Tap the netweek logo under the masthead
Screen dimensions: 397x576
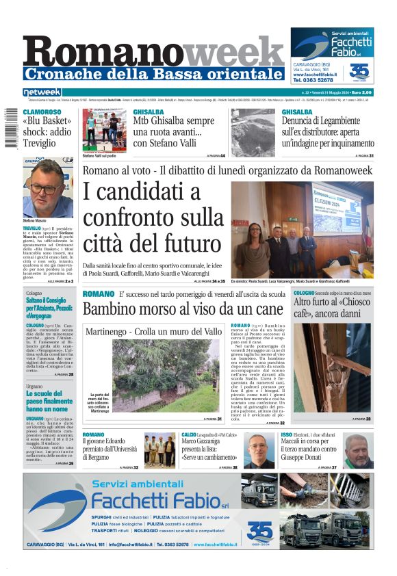coord(42,92)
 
